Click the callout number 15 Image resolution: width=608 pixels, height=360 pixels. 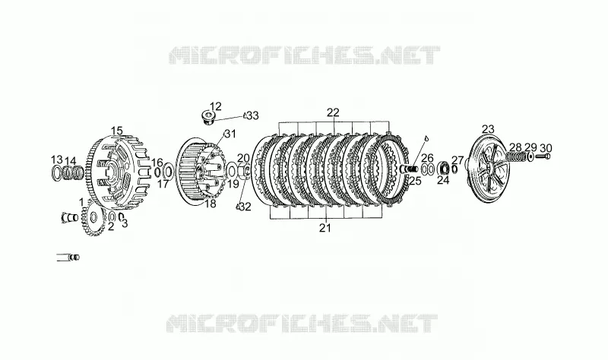(x=117, y=131)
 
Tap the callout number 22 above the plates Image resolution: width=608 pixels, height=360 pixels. (x=333, y=112)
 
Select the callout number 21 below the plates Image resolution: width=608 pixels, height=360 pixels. (x=325, y=229)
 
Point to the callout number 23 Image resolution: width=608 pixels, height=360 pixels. (x=488, y=129)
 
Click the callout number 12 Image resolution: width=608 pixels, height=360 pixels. (x=216, y=106)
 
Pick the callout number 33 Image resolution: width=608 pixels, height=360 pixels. (x=253, y=116)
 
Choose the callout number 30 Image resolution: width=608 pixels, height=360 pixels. (x=546, y=148)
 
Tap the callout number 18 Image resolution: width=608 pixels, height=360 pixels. (x=211, y=204)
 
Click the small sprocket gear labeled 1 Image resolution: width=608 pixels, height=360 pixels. (x=93, y=219)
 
